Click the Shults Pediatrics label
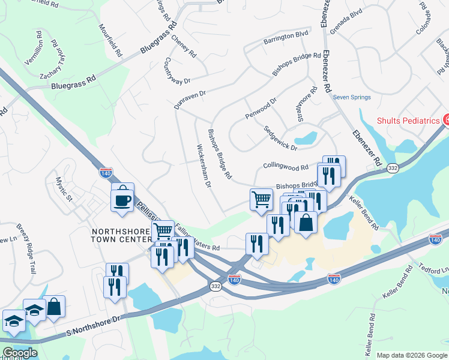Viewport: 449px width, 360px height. [x=408, y=121]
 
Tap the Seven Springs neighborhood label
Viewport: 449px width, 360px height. [x=352, y=97]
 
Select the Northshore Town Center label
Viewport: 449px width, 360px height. [x=120, y=235]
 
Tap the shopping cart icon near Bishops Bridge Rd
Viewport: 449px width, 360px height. [x=261, y=199]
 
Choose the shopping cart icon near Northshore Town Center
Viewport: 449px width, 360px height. [x=163, y=231]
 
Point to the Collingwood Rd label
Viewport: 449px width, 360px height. [x=285, y=167]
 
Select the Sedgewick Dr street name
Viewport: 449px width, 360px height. [x=280, y=138]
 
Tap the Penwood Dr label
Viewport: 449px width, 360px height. [x=260, y=109]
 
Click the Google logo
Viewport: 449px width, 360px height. [x=19, y=353]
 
